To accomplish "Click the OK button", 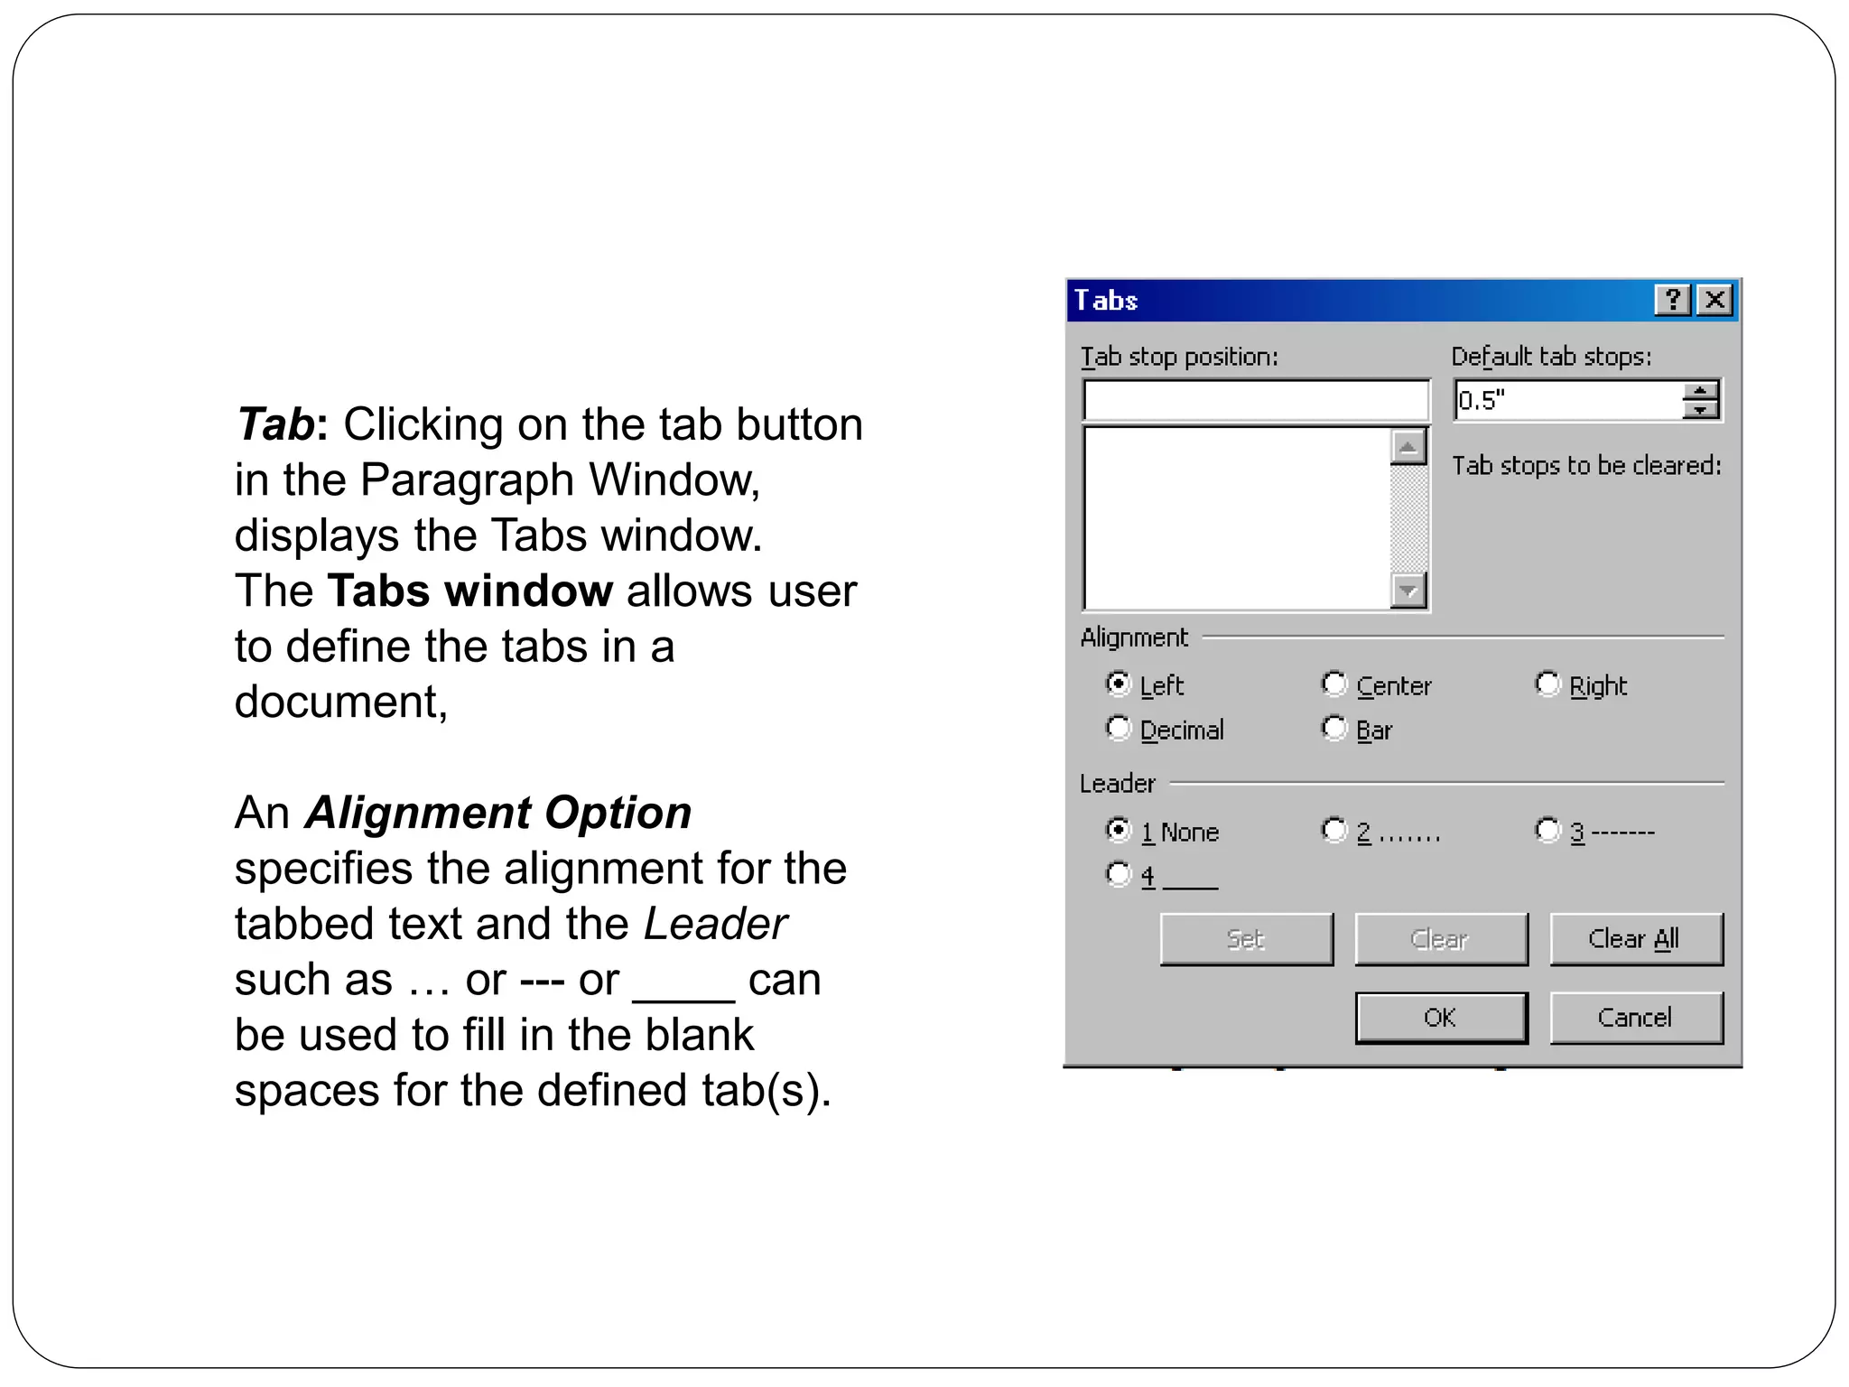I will pyautogui.click(x=1440, y=1018).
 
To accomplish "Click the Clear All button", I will pyautogui.click(x=1635, y=939).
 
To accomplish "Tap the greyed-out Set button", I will pyautogui.click(x=1246, y=939).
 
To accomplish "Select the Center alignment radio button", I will pyautogui.click(x=1334, y=684).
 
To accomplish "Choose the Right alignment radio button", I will pyautogui.click(x=1548, y=684).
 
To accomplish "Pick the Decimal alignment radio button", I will pyautogui.click(x=1119, y=728).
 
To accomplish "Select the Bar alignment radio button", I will pyautogui.click(x=1334, y=728).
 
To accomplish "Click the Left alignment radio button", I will pyautogui.click(x=1119, y=684).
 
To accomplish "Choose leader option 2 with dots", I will pyautogui.click(x=1334, y=830).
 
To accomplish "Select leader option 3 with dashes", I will pyautogui.click(x=1548, y=830).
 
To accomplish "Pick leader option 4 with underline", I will pyautogui.click(x=1119, y=874).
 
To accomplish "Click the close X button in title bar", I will pyautogui.click(x=1714, y=300).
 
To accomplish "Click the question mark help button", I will pyautogui.click(x=1672, y=300).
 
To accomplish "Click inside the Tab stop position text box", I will pyautogui.click(x=1255, y=401).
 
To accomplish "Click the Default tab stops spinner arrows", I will pyautogui.click(x=1700, y=400).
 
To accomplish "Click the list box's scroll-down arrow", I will pyautogui.click(x=1408, y=591).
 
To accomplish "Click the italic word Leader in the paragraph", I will pyautogui.click(x=715, y=924).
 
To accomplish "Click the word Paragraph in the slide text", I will pyautogui.click(x=467, y=479).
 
